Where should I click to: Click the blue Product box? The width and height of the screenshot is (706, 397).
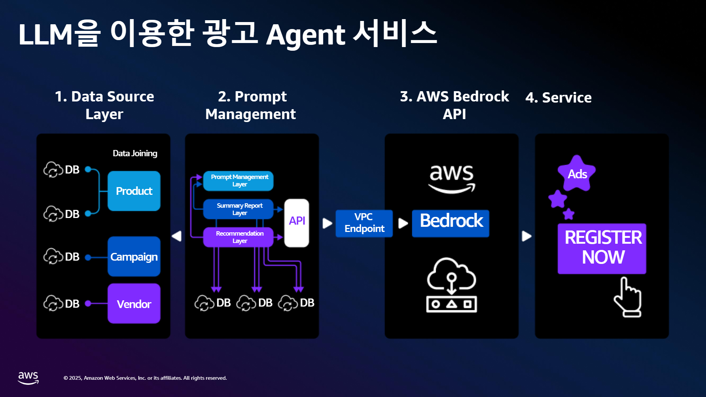(x=134, y=191)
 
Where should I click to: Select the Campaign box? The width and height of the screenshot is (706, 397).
(x=134, y=256)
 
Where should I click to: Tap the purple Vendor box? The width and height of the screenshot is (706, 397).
(x=134, y=303)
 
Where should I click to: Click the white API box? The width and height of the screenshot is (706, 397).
(x=297, y=223)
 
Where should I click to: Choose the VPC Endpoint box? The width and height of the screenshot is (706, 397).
(x=364, y=223)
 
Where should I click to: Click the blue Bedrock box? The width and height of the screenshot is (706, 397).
(x=450, y=223)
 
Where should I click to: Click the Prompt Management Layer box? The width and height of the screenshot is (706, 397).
(x=238, y=181)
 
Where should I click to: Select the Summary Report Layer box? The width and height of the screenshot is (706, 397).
(x=238, y=209)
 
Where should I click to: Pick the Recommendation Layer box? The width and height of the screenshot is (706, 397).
(x=238, y=237)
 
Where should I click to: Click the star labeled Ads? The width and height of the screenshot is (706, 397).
(x=577, y=174)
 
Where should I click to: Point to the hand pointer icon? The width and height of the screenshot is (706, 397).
(x=628, y=297)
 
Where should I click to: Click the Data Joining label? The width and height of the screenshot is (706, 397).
(x=135, y=153)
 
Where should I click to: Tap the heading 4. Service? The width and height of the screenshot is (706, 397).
(x=559, y=97)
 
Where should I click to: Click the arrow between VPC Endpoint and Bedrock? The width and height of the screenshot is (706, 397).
(x=403, y=223)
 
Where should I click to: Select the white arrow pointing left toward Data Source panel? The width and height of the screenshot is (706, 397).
(x=177, y=236)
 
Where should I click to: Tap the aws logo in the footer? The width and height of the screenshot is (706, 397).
(x=28, y=378)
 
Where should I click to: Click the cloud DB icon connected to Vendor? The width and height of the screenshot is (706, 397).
(x=53, y=303)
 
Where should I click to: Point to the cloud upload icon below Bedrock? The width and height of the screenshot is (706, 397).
(x=452, y=285)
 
